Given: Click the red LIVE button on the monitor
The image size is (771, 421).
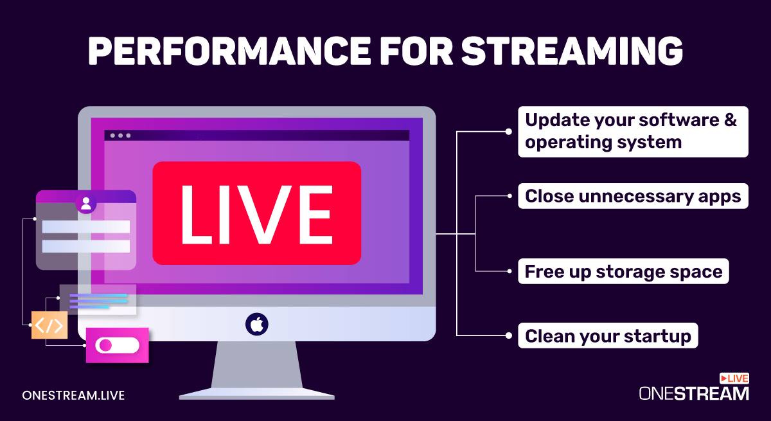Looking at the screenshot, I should coord(256,213).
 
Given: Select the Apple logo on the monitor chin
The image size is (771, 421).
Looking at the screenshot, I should coord(256,323).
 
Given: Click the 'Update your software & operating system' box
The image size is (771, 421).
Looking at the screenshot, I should coord(633,132).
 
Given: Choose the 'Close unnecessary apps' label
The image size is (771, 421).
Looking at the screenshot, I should coord(633,196).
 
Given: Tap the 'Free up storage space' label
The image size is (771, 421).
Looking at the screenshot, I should coord(623,271).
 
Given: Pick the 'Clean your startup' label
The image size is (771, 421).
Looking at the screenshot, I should coord(608,336).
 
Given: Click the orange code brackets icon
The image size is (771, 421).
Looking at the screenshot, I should coord(49,325).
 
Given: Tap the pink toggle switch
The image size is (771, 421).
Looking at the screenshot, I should coord(117,345).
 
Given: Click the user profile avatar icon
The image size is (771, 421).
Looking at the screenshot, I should coord(85,204).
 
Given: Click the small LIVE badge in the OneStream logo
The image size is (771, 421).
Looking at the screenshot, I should coord(734,379).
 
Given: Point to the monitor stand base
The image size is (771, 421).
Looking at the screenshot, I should coord(256,393).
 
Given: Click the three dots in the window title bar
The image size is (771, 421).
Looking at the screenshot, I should coord(120,136).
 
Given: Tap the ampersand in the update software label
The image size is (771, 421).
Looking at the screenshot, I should coord(730,121).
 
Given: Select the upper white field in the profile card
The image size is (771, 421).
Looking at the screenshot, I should coord(85,226).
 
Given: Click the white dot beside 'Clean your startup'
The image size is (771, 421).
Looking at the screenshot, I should coord(509,336).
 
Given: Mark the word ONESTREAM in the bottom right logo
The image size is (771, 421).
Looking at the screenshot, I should coord(694,393).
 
